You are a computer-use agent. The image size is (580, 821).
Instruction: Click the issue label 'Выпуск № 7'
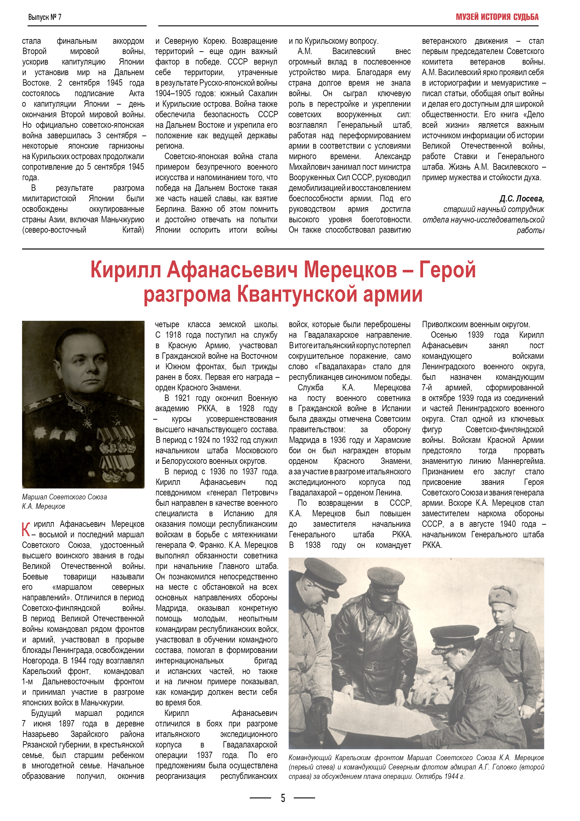coord(45,17)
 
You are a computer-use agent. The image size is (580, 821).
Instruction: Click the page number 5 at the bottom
coord(283,798)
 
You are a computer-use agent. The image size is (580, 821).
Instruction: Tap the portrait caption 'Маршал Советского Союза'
coord(64,497)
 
